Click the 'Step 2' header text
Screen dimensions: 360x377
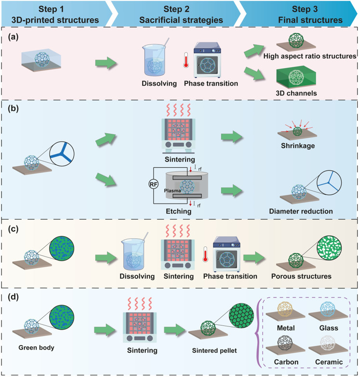(176, 9)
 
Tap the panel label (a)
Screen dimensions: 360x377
(13, 37)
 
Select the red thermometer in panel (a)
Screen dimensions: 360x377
(186, 60)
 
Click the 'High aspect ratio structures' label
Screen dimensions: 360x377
(309, 56)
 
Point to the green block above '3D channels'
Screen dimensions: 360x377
(296, 79)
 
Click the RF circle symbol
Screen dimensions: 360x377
(153, 185)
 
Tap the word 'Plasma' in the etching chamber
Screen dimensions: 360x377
(173, 190)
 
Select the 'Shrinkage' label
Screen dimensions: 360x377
(298, 146)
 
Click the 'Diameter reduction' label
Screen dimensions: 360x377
(301, 211)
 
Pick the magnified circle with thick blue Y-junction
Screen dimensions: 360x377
(62, 154)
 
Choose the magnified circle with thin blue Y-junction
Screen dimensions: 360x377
(329, 183)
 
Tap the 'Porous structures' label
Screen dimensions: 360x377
(301, 276)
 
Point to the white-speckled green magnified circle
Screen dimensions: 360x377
(329, 248)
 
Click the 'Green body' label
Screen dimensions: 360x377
(36, 348)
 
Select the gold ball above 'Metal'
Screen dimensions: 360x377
(285, 309)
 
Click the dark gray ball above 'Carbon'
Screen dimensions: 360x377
(285, 343)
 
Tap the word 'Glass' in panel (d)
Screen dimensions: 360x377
(329, 328)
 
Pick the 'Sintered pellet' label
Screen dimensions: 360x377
(214, 351)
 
